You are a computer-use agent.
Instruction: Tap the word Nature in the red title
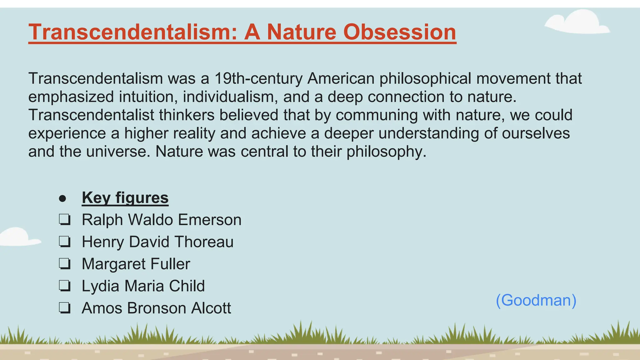[x=300, y=32]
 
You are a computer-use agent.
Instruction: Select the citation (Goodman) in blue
[x=536, y=300]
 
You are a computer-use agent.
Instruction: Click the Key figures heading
[x=125, y=198]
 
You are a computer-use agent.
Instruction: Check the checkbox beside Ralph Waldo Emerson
[x=65, y=220]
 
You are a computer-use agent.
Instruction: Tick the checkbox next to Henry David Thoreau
[x=65, y=242]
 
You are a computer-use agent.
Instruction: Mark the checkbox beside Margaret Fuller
[x=65, y=264]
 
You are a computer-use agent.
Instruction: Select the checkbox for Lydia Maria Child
[x=65, y=286]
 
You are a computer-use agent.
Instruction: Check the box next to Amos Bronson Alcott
[x=65, y=308]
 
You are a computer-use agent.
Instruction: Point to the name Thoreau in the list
[x=204, y=242]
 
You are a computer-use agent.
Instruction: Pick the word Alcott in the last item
[x=211, y=308]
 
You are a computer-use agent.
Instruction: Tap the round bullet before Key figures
[x=62, y=198]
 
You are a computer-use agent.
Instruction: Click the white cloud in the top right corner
[x=578, y=23]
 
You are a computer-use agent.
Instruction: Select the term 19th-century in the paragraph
[x=258, y=78]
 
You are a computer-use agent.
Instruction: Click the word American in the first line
[x=341, y=78]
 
